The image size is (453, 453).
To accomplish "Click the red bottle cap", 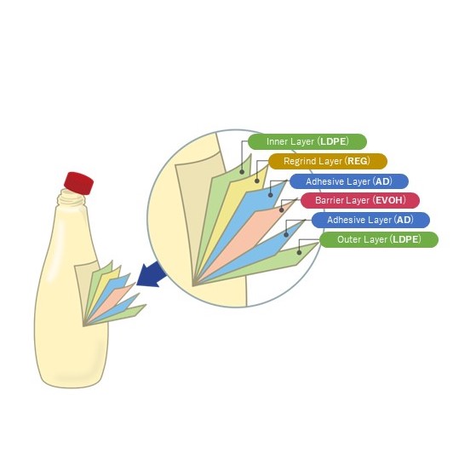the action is coord(79,183).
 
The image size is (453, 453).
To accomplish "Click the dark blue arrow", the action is coord(152,274).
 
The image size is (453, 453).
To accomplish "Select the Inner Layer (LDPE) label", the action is coord(307,141).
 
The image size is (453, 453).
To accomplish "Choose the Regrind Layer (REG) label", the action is coord(328,161).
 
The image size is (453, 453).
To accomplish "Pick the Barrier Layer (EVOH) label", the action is coord(360,200).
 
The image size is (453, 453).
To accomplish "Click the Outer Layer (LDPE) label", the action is coord(379,239).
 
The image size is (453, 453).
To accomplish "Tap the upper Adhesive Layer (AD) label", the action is coord(349,181).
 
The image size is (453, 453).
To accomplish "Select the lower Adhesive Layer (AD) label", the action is coord(370,221).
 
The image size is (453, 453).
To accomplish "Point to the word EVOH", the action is coord(389,200).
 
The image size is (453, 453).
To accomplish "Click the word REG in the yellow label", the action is coord(358,161).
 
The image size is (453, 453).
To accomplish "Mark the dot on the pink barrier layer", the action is coord(281,210).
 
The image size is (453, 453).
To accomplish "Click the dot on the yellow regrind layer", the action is coord(257,181).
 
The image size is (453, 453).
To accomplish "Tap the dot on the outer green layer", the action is coord(300,253).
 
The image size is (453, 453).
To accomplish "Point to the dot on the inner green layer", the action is coord(242,172).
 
